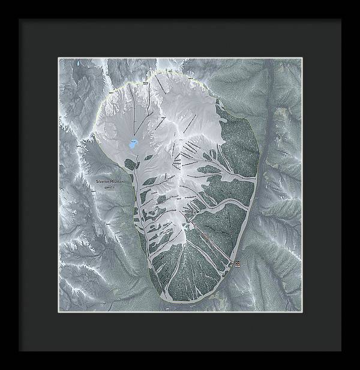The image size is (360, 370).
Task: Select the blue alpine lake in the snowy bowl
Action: tap(133, 144)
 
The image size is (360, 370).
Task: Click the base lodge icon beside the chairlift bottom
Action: tap(237, 263)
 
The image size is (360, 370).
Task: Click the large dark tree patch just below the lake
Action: tap(130, 163)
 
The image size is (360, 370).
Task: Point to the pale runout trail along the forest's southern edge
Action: tap(198, 297)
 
